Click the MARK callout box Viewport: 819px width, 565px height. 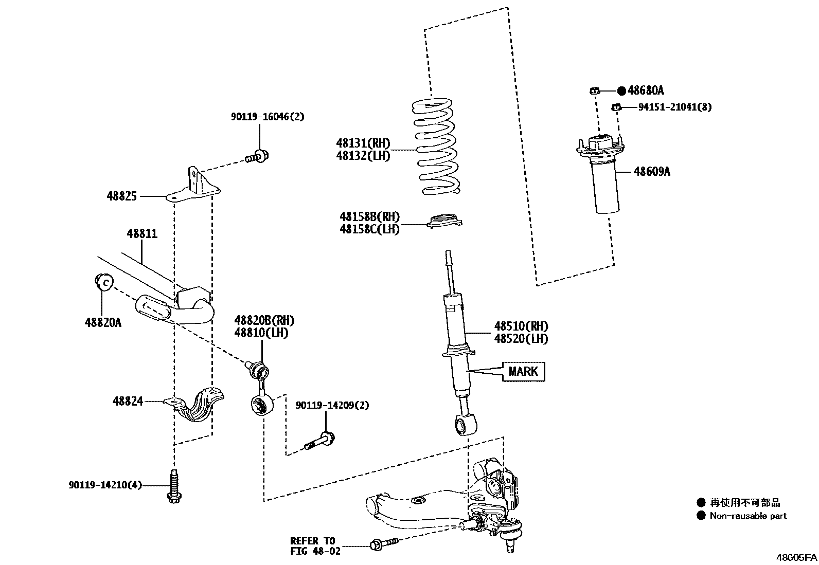point(523,371)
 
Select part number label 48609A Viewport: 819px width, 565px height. point(652,172)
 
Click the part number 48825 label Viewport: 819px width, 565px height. point(122,196)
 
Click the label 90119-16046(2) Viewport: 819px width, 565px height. point(267,117)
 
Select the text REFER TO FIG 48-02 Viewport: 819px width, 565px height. point(312,546)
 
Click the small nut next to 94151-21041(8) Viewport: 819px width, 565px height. point(616,107)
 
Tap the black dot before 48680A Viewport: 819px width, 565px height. point(621,91)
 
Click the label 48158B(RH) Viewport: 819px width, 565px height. point(369,217)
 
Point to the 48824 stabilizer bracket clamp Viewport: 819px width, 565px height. point(198,406)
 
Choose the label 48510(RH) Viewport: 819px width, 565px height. point(521,326)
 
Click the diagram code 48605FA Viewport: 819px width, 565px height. point(796,557)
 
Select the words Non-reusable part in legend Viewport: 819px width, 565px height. point(748,516)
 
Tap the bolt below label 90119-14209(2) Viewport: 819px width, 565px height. point(319,442)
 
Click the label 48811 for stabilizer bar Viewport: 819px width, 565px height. point(142,234)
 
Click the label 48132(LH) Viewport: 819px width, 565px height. point(363,156)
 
